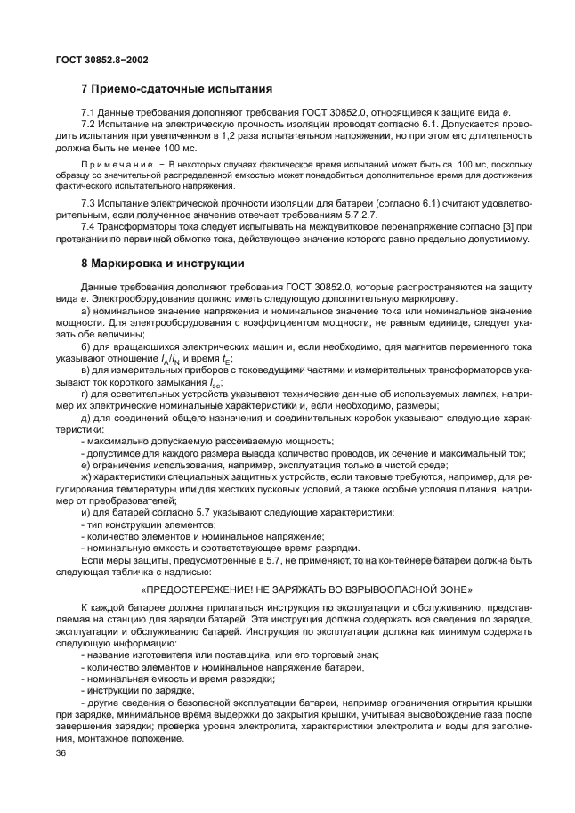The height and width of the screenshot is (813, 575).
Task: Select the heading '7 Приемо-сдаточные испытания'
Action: pos(175,89)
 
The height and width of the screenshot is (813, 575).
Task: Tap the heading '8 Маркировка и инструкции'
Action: pos(165,264)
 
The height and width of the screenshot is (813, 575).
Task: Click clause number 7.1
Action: pos(88,112)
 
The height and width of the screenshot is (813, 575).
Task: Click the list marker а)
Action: pos(85,311)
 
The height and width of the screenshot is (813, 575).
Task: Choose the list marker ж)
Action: pos(86,477)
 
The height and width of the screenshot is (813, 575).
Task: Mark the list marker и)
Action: pos(85,512)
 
